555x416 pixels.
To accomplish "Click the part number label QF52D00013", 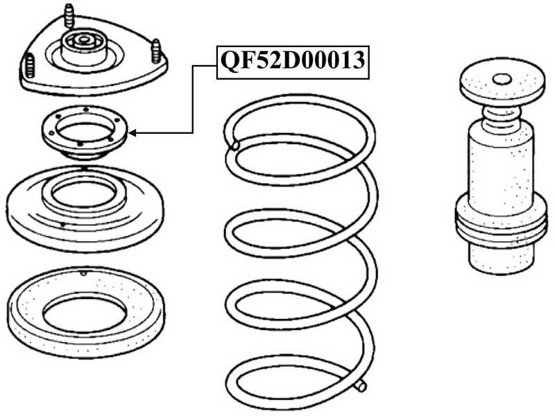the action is tap(293, 62).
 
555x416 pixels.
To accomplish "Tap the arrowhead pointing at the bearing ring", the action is tap(132, 133).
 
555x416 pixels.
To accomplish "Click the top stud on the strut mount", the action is tap(70, 15).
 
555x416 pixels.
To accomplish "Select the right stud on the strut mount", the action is tap(156, 51).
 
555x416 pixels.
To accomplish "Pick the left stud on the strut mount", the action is tap(30, 65).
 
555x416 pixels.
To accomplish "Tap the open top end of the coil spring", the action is tap(234, 145).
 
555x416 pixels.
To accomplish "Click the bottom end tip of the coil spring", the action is tap(361, 385).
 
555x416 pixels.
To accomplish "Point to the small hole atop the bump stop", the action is tap(502, 80).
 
